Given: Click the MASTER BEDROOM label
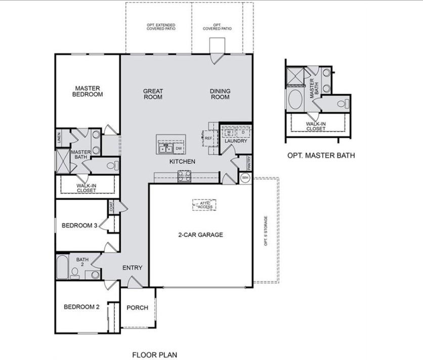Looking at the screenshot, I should pyautogui.click(x=87, y=91).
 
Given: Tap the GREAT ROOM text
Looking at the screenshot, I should pyautogui.click(x=153, y=94).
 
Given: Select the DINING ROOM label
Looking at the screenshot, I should pyautogui.click(x=220, y=94).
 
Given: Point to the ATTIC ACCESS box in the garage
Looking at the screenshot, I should pyautogui.click(x=204, y=205).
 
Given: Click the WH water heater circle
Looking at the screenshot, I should pyautogui.click(x=245, y=178).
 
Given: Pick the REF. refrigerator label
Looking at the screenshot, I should pyautogui.click(x=208, y=138).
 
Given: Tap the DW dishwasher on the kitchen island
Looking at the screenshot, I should pyautogui.click(x=179, y=148).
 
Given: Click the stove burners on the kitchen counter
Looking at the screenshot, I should pyautogui.click(x=184, y=175).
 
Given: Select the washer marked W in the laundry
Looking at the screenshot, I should pyautogui.click(x=229, y=132).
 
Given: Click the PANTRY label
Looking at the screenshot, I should pyautogui.click(x=249, y=163).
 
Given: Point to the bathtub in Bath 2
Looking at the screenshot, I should pyautogui.click(x=62, y=266).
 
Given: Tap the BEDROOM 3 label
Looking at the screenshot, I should pyautogui.click(x=79, y=226).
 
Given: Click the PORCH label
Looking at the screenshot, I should pyautogui.click(x=137, y=308).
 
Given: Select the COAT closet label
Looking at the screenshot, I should pyautogui.click(x=111, y=206).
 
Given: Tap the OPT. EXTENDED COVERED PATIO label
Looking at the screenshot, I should pyautogui.click(x=161, y=27).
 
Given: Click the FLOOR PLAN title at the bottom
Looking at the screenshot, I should pyautogui.click(x=155, y=355).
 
